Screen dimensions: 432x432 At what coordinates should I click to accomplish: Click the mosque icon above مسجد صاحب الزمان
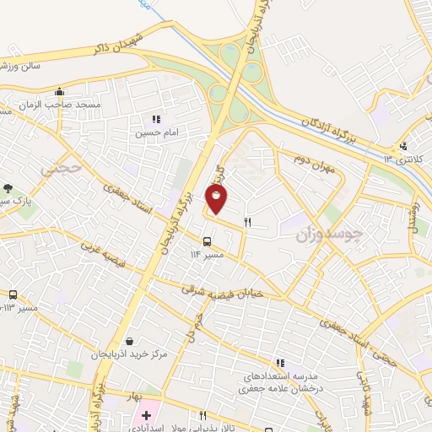(58, 92)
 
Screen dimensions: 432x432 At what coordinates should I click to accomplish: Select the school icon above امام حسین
(155, 119)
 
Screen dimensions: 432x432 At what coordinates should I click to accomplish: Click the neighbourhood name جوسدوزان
(330, 235)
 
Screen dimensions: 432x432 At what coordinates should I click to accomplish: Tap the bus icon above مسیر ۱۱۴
(208, 240)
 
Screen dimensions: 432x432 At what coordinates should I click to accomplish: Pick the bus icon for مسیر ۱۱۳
(13, 294)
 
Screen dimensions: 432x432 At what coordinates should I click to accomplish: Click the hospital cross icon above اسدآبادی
(146, 415)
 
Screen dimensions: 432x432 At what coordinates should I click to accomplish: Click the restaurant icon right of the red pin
(247, 223)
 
